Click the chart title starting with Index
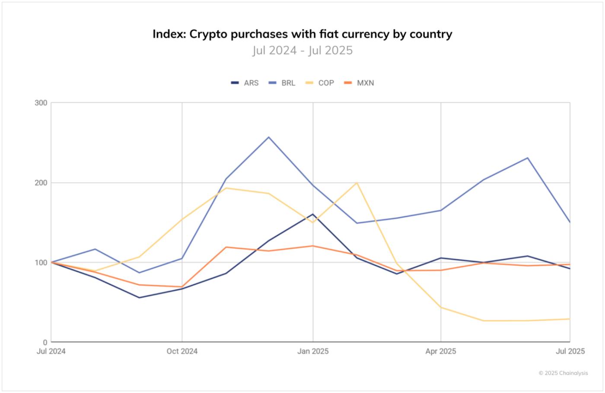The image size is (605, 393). point(302,34)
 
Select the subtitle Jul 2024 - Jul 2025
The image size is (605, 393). point(302,51)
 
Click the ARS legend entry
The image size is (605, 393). point(245,83)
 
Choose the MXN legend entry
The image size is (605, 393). point(359,83)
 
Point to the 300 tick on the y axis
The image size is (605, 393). point(41,103)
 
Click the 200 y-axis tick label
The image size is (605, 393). point(41,183)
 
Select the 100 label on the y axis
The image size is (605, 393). point(41,263)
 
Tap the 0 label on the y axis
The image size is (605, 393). point(45,342)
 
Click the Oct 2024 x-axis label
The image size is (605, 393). point(182,352)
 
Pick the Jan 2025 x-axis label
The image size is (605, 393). point(313,352)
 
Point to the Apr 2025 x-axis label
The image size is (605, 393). point(440,352)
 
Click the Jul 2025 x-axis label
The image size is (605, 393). point(570,352)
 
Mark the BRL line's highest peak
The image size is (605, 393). point(269,137)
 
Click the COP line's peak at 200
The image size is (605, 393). point(357,183)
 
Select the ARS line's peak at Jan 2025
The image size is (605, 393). point(313,214)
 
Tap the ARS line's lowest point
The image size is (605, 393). point(139,298)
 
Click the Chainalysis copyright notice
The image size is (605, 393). point(563,373)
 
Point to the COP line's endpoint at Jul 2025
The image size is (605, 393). point(570,319)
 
